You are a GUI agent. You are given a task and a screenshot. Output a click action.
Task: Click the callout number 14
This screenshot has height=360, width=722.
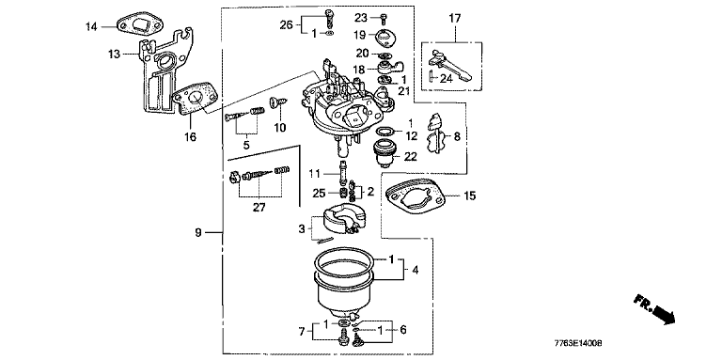91,26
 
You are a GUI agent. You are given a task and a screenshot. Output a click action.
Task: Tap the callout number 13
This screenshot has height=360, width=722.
114,55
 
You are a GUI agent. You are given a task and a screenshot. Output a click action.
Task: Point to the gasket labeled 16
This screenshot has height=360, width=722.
196,102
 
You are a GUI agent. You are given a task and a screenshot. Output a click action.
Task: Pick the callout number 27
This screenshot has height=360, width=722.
259,208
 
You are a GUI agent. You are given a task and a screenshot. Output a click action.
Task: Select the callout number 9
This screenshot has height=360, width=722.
198,232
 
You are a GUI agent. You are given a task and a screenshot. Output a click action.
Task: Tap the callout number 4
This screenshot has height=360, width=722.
415,270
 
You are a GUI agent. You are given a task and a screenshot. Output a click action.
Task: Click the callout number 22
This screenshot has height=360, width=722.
410,157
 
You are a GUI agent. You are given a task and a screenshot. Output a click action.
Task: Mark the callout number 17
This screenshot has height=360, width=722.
455,19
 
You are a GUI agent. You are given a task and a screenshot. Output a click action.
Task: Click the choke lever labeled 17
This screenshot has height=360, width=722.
450,64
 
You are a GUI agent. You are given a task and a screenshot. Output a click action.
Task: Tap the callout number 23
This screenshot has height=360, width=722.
361,18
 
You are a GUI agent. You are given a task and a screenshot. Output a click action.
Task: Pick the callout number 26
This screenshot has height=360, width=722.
286,24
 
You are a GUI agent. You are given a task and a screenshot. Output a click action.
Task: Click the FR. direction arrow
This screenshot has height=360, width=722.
654,308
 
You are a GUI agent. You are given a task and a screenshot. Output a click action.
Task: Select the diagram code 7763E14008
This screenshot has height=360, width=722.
579,343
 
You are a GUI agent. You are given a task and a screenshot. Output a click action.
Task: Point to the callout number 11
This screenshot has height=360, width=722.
314,174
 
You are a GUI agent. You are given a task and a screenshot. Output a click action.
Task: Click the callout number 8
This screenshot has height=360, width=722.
457,136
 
